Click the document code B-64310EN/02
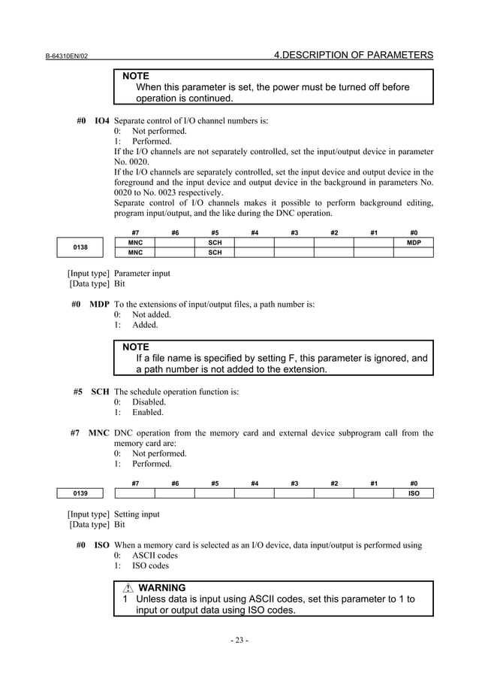tap(68, 56)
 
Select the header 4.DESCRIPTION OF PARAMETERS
tap(354, 55)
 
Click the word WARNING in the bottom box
tap(162, 587)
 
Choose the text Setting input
tap(137, 515)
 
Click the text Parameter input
tap(141, 274)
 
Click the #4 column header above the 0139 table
tap(255, 483)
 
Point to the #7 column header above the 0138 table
tap(134, 232)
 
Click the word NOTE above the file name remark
tap(136, 347)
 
